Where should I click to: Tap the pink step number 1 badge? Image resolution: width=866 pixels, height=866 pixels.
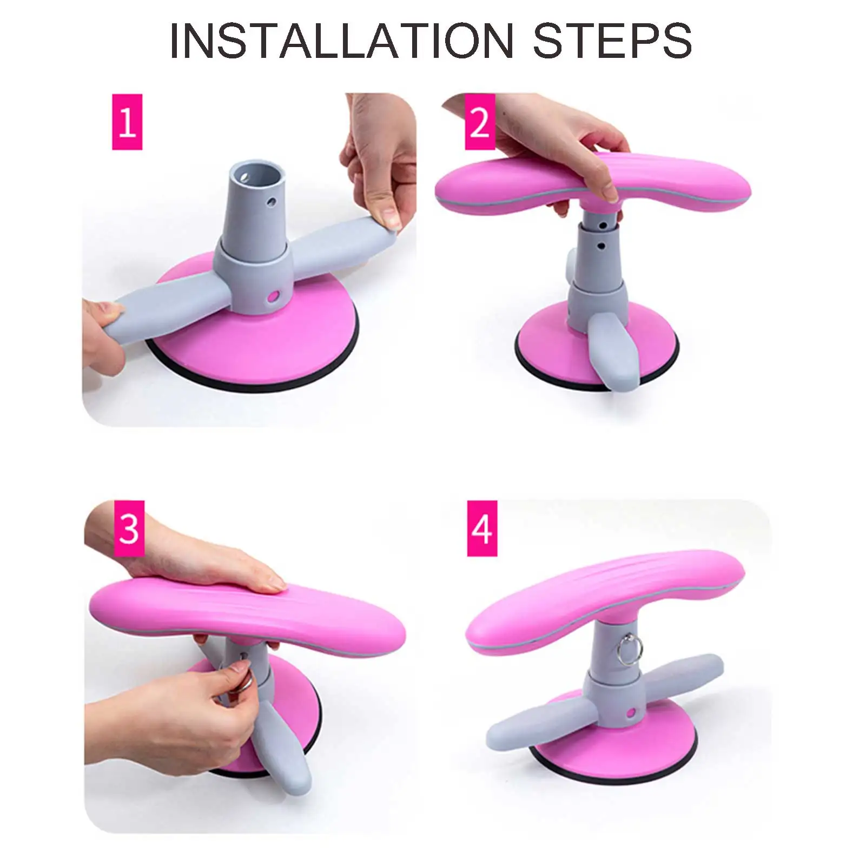click(127, 122)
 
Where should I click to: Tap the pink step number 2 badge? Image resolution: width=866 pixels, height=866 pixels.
click(480, 122)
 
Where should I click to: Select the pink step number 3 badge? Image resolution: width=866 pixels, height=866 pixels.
click(129, 528)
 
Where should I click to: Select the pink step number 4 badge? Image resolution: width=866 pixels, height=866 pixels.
click(482, 528)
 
